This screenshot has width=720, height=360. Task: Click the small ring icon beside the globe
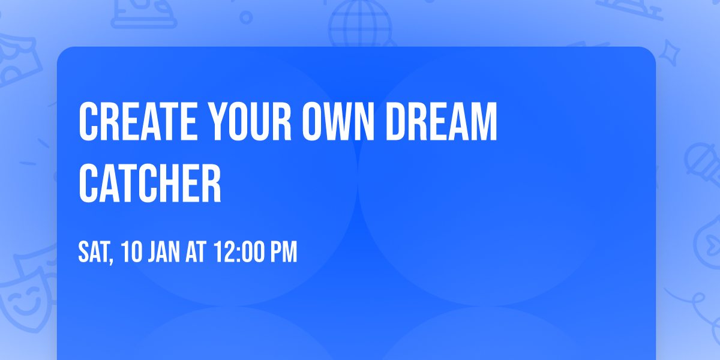(x=247, y=18)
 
